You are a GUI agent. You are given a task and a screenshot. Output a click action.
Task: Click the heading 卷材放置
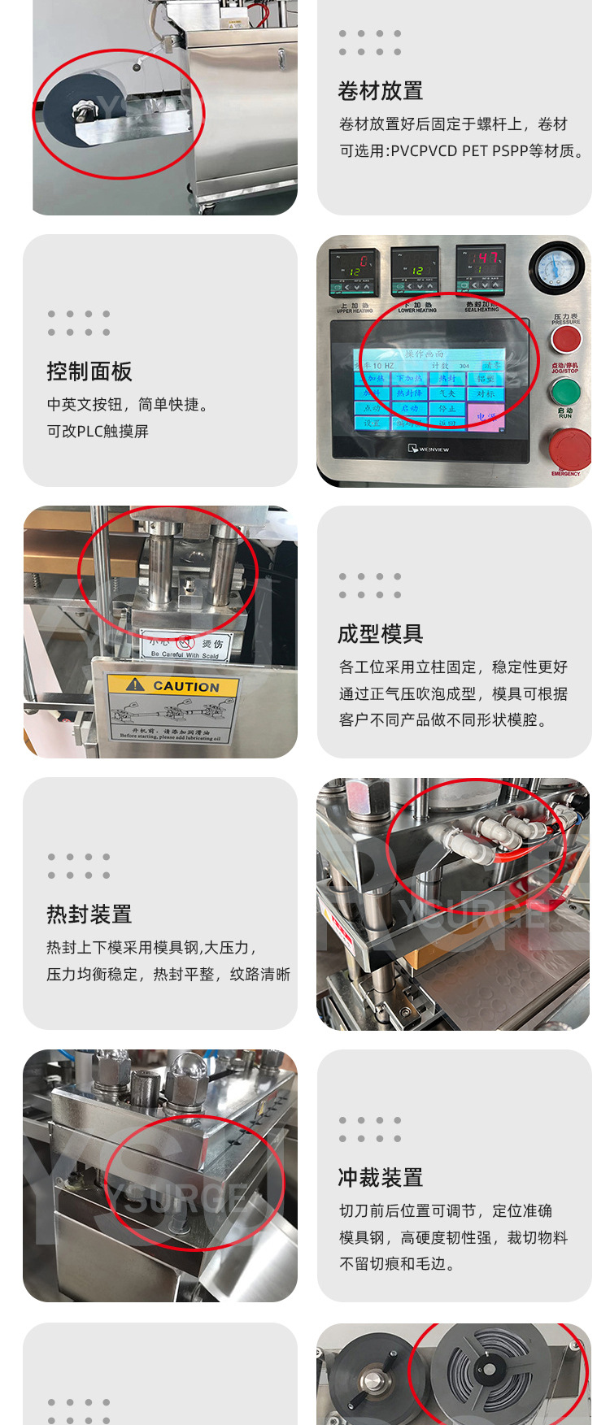380,91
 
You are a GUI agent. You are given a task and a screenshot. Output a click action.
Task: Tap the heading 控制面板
89,371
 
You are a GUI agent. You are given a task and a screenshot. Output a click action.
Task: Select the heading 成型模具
380,634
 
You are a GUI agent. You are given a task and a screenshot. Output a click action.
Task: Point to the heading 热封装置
89,915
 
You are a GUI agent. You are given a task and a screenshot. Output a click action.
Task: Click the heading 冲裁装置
380,1178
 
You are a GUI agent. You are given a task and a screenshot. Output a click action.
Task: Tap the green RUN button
564,392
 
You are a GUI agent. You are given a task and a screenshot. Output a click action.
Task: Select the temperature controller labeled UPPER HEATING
355,272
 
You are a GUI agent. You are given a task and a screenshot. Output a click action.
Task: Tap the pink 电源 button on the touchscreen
486,416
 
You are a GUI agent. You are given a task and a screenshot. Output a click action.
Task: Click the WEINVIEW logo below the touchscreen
429,449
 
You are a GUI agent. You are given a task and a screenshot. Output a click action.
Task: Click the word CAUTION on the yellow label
186,686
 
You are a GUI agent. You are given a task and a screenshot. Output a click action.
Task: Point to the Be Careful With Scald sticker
185,647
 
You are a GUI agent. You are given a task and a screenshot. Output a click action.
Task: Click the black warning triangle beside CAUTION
136,684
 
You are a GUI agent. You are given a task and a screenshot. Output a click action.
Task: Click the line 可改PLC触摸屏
98,432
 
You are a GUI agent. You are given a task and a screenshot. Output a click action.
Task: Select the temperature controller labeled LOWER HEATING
417,272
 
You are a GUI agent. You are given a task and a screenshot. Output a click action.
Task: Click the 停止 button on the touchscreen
447,408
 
